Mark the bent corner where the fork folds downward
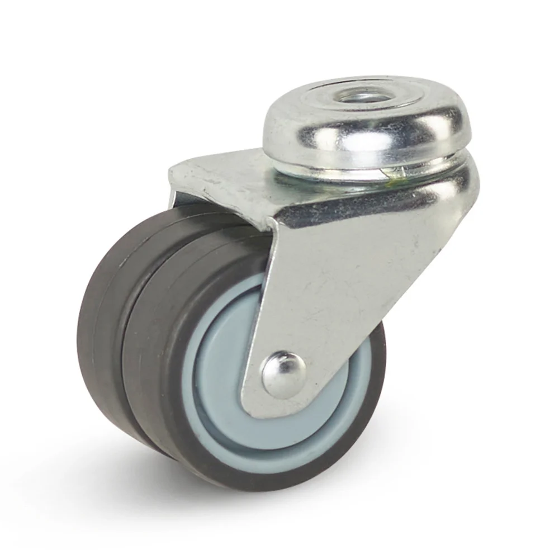[x=268, y=224]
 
